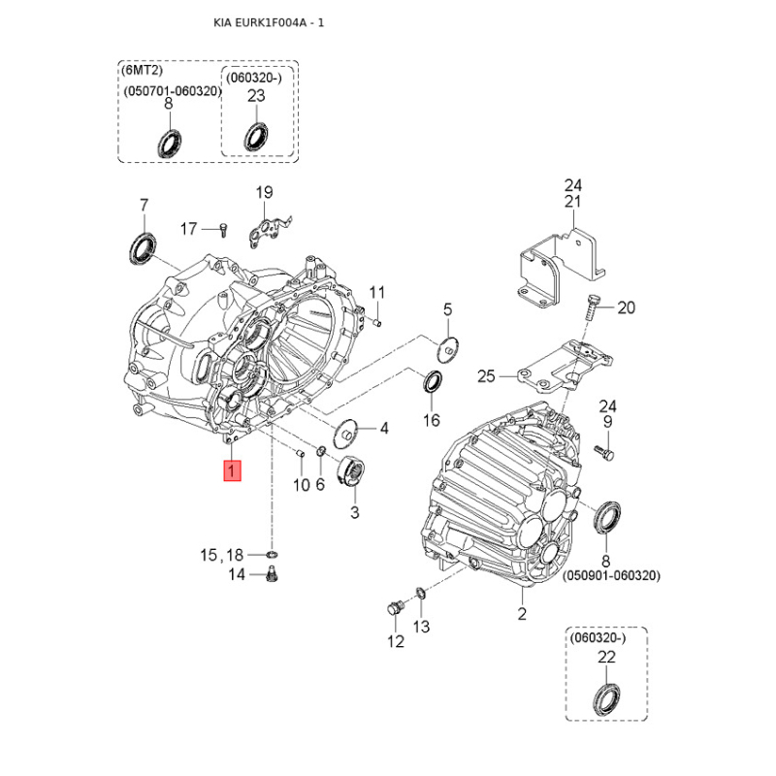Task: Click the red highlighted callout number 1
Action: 232,470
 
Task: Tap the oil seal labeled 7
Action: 143,247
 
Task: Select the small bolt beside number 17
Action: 224,230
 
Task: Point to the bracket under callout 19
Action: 268,231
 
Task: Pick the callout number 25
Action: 486,376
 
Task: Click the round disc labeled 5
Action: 448,349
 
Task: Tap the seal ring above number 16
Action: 433,381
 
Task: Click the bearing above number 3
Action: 351,472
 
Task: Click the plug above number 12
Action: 396,608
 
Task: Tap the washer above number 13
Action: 421,592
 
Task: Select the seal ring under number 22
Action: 607,698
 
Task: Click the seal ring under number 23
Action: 256,136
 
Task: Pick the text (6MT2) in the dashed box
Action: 142,70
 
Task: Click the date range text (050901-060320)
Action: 611,575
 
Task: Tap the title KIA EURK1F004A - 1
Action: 269,22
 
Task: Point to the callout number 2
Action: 522,614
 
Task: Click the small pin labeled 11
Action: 376,323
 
